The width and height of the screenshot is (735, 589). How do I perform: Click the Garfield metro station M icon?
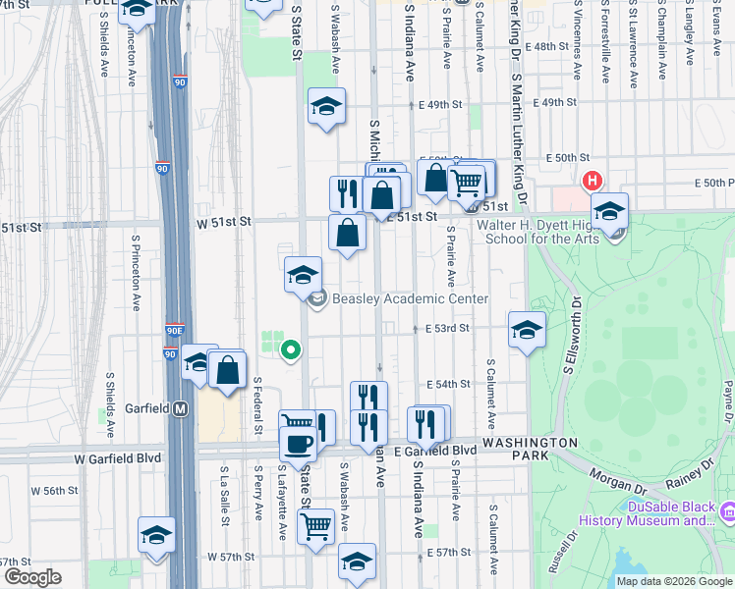click(181, 408)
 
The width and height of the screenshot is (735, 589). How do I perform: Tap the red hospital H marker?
click(593, 181)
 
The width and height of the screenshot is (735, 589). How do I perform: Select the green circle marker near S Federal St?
click(290, 348)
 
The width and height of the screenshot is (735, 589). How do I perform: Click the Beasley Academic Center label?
click(410, 298)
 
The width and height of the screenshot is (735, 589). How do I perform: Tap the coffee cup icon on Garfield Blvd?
click(298, 442)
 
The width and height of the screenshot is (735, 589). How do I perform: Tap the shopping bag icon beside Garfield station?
click(227, 369)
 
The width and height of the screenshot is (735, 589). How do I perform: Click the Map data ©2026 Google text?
click(673, 581)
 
